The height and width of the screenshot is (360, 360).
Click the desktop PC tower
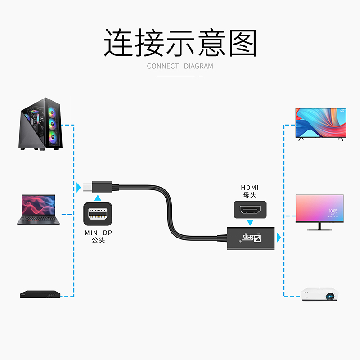[40, 128]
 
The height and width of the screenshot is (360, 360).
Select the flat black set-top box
[40, 295]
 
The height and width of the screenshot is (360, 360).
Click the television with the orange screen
[320, 124]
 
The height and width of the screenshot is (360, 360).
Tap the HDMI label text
[250, 188]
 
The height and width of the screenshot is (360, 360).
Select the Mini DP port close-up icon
[98, 212]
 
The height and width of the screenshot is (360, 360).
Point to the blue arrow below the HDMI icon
[250, 222]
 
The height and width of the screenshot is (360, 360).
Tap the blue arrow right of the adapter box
[279, 237]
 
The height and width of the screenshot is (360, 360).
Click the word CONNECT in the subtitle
[163, 66]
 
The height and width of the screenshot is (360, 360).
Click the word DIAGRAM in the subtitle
[198, 66]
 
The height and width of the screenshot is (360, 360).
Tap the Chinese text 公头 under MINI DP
[98, 241]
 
